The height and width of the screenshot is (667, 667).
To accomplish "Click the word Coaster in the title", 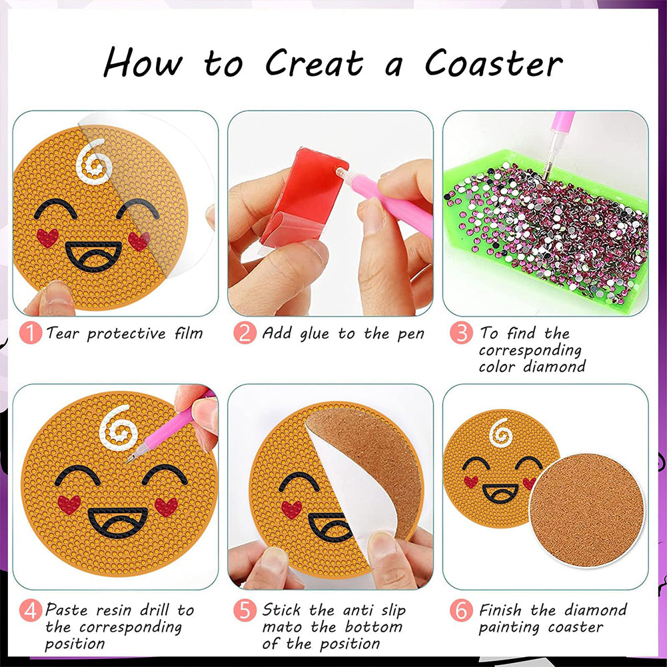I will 494,63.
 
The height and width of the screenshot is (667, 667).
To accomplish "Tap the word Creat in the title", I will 315,63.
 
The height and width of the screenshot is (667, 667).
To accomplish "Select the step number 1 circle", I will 31,333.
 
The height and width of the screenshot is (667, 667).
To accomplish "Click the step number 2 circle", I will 245,333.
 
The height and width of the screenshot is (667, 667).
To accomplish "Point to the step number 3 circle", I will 460,333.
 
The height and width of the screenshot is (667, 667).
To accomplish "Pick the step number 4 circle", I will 31,610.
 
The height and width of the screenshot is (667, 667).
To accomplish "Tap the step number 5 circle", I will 245,610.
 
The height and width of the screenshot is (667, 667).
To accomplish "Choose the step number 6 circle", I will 460,610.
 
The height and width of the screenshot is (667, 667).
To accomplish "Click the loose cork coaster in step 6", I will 586,510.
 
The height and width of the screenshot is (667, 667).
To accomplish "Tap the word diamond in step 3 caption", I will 554,366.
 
